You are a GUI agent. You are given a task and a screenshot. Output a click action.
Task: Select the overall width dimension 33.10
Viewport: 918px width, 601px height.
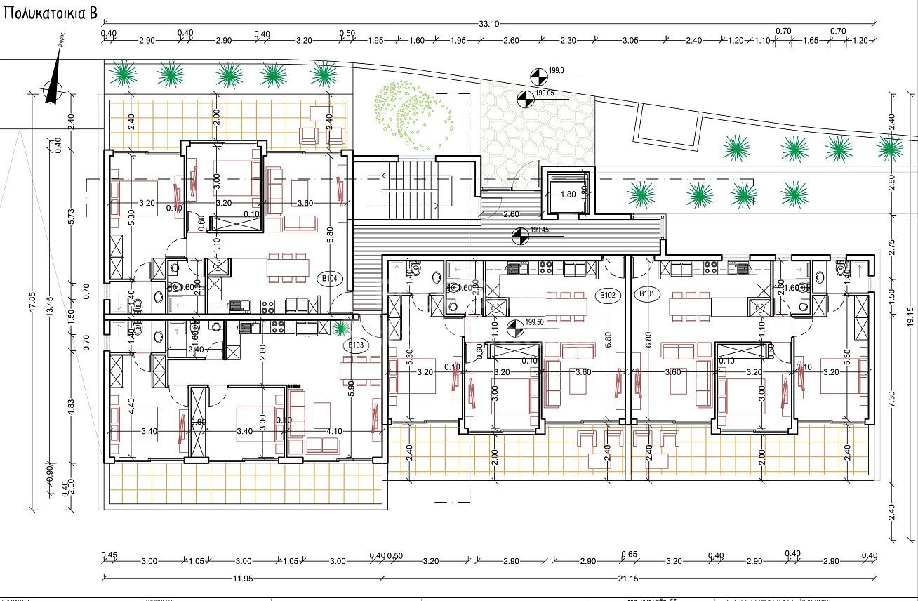click(489, 23)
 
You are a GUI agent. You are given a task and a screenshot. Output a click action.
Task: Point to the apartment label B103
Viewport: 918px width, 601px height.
click(355, 345)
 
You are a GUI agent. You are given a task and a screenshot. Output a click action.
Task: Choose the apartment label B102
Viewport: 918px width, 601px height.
click(608, 296)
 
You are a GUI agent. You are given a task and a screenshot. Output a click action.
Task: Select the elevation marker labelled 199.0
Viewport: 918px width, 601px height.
click(538, 74)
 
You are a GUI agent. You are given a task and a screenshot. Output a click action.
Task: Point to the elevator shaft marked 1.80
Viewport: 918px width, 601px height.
click(567, 194)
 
